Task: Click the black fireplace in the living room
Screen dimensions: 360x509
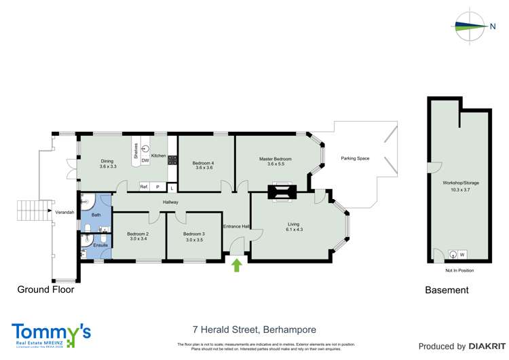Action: tap(282, 193)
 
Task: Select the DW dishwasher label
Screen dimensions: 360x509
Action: tap(145, 161)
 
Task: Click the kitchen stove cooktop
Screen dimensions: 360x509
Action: tap(172, 162)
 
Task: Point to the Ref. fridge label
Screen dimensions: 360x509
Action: tap(144, 186)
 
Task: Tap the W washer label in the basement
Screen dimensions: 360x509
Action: tap(462, 255)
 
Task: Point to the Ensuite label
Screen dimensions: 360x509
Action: tap(91, 245)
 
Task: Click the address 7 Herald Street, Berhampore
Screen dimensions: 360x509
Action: tap(254, 330)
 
